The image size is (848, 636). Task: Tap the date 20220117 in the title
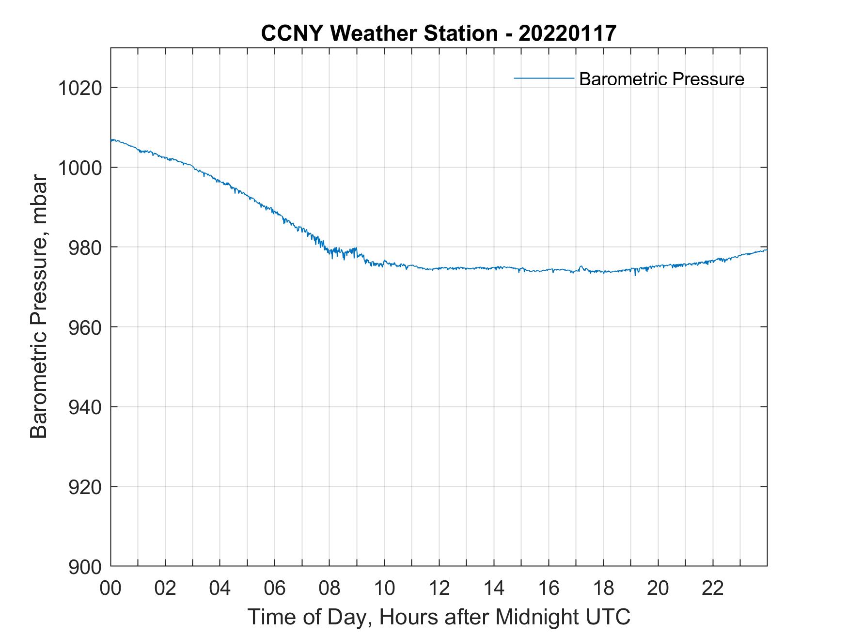click(567, 33)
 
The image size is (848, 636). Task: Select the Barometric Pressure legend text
click(661, 79)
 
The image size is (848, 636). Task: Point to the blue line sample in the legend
click(544, 78)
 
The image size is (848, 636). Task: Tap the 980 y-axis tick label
click(84, 248)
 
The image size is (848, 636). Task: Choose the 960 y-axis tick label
click(84, 327)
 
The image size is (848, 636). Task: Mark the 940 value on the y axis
click(84, 407)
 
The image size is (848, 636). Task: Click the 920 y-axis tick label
click(84, 487)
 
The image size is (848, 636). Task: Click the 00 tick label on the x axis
click(111, 588)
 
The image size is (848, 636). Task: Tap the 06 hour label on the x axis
click(275, 588)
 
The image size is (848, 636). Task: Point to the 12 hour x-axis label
click(439, 588)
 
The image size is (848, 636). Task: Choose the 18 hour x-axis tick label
click(603, 588)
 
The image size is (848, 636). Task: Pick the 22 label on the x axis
click(713, 588)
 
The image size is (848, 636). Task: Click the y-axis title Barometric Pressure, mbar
click(39, 307)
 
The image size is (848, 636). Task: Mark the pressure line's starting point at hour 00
click(111, 140)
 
